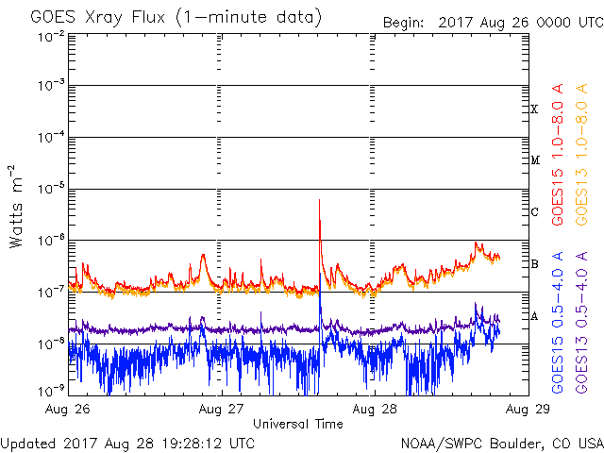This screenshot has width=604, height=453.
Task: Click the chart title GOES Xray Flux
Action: [x=98, y=18]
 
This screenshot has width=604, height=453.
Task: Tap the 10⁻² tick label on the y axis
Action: [x=51, y=37]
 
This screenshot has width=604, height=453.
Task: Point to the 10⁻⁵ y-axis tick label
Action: [x=51, y=189]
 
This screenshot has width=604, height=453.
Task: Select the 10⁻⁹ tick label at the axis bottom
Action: [x=51, y=392]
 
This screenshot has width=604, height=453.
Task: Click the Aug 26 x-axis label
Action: [x=68, y=409]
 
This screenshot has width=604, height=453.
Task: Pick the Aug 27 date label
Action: [x=221, y=409]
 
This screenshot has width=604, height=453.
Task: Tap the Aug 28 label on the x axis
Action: [x=375, y=409]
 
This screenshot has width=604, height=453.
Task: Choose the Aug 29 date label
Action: [x=528, y=409]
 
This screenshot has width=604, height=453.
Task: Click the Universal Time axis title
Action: [x=298, y=424]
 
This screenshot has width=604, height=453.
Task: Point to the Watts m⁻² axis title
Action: [x=16, y=207]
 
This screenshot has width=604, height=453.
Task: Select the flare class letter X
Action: [x=534, y=109]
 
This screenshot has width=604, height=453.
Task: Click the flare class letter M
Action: [x=535, y=159]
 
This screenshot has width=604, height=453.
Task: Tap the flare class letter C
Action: [x=534, y=211]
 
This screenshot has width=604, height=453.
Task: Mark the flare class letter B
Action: [x=534, y=264]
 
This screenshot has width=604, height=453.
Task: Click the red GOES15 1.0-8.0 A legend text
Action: [x=558, y=155]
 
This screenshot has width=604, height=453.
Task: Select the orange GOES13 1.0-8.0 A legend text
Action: [x=581, y=155]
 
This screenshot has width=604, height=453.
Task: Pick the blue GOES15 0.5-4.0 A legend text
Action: [x=558, y=323]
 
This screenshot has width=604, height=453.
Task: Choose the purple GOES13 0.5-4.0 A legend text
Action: [x=581, y=323]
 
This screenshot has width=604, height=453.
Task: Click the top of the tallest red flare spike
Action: [x=319, y=199]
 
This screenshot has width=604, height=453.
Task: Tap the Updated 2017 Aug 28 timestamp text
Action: [x=127, y=444]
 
